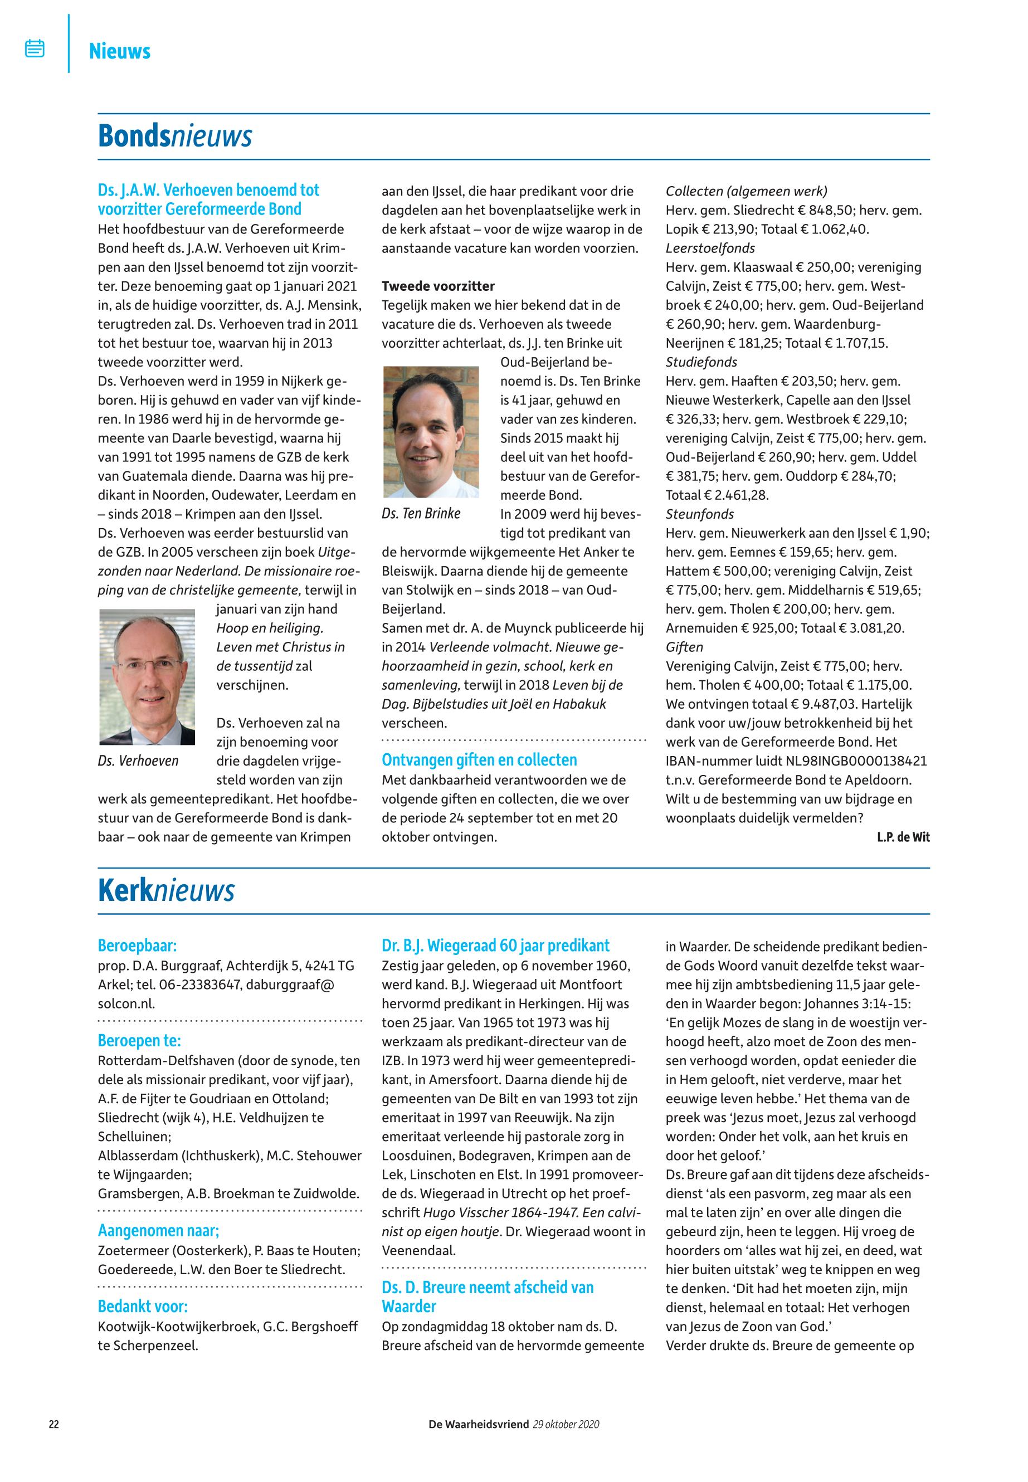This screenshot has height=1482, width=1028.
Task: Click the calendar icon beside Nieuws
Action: point(35,48)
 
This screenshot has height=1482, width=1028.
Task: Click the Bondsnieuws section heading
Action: point(174,136)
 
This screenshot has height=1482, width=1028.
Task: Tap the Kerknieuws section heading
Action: point(166,891)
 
